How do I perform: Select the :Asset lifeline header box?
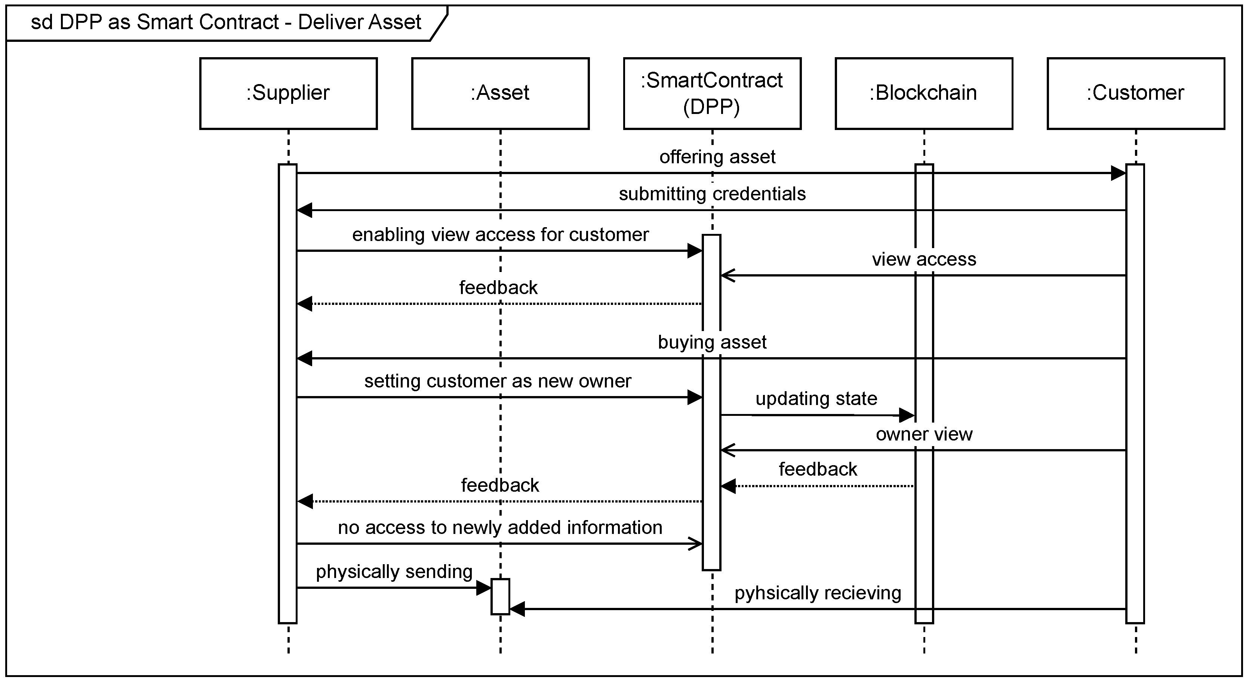[500, 93]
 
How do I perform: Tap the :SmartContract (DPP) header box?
[712, 93]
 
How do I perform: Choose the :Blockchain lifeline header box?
[924, 93]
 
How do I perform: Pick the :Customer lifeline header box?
[1136, 93]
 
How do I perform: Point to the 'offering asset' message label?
[717, 157]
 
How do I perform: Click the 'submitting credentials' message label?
[712, 194]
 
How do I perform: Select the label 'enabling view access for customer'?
[500, 235]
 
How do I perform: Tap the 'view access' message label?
[924, 259]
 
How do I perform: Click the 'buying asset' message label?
[712, 342]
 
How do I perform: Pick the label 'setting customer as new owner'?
[498, 381]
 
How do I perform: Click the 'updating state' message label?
[816, 398]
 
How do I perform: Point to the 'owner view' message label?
[924, 434]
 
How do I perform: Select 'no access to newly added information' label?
[500, 528]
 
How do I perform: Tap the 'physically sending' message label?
[394, 572]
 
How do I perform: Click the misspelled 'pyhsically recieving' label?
[818, 593]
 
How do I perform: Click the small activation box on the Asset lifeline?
[500, 596]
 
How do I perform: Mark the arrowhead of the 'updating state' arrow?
[907, 415]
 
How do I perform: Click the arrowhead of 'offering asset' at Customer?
[1118, 173]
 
